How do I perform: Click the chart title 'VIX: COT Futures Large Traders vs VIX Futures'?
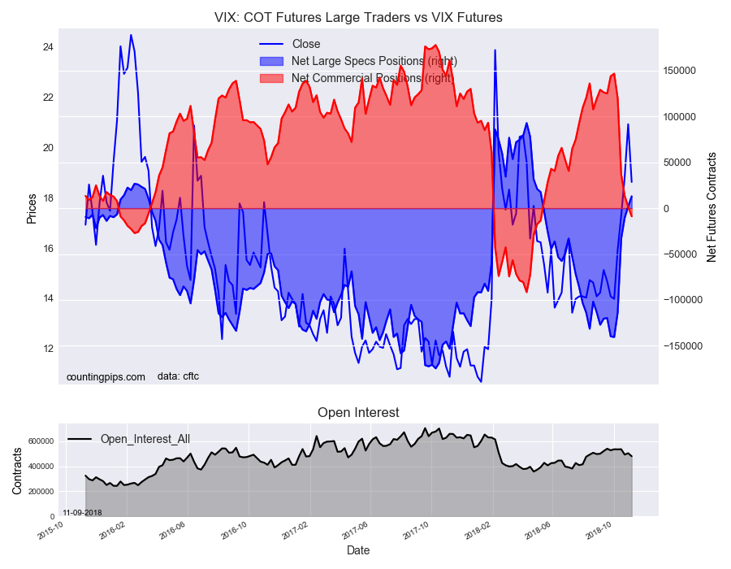(x=358, y=17)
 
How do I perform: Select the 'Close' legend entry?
(x=306, y=44)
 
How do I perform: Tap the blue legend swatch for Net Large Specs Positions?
(x=270, y=61)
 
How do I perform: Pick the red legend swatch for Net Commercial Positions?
(x=270, y=78)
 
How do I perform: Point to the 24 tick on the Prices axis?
(x=48, y=47)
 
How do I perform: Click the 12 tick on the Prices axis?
(x=48, y=349)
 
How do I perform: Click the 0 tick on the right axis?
(x=668, y=209)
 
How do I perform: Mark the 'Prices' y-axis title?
(x=32, y=209)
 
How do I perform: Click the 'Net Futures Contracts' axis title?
(x=712, y=206)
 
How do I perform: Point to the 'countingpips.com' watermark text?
(x=106, y=376)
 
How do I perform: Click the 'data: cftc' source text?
(x=178, y=376)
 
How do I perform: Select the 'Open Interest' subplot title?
(x=358, y=413)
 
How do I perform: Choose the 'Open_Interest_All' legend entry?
(x=145, y=439)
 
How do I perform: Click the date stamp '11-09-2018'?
(x=82, y=512)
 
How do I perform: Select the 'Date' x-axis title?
(x=358, y=550)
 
